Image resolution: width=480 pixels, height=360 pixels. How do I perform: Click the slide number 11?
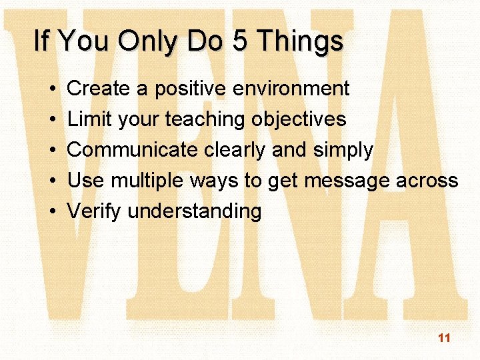click(444, 338)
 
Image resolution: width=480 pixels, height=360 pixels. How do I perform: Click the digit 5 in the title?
click(237, 41)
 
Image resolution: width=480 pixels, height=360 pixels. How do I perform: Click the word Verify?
click(95, 212)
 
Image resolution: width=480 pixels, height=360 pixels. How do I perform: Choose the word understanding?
click(194, 212)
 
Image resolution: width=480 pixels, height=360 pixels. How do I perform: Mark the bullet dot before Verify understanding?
click(51, 212)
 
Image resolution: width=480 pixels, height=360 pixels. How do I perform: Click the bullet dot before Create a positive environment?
click(51, 89)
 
